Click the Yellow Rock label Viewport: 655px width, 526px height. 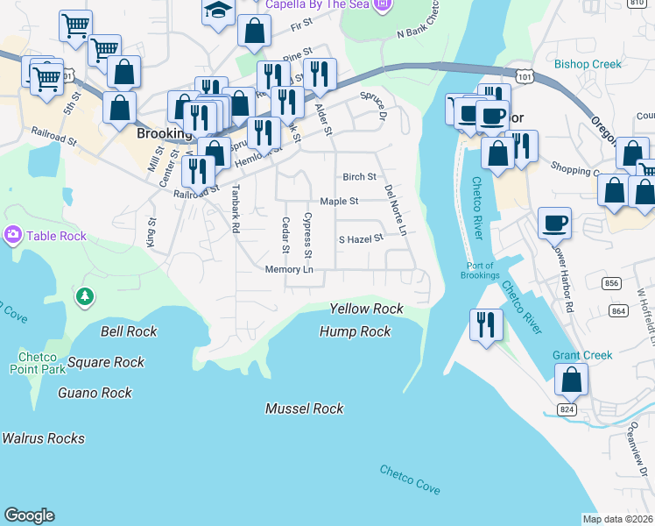pos(366,309)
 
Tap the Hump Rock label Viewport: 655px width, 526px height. pos(355,331)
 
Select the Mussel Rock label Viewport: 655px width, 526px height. pos(304,409)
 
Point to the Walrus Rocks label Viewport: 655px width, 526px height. pos(44,438)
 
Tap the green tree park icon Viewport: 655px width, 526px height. pos(85,298)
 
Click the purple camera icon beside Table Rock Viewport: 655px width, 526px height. pos(13,235)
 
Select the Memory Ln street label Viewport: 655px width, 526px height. pos(289,269)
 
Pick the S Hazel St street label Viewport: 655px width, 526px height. pos(361,238)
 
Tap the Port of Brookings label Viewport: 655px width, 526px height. pos(480,270)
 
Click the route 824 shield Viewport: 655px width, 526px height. pos(567,409)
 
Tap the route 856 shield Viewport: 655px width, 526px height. pos(613,283)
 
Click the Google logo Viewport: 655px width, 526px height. pos(29,515)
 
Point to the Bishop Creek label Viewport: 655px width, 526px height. pos(588,64)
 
